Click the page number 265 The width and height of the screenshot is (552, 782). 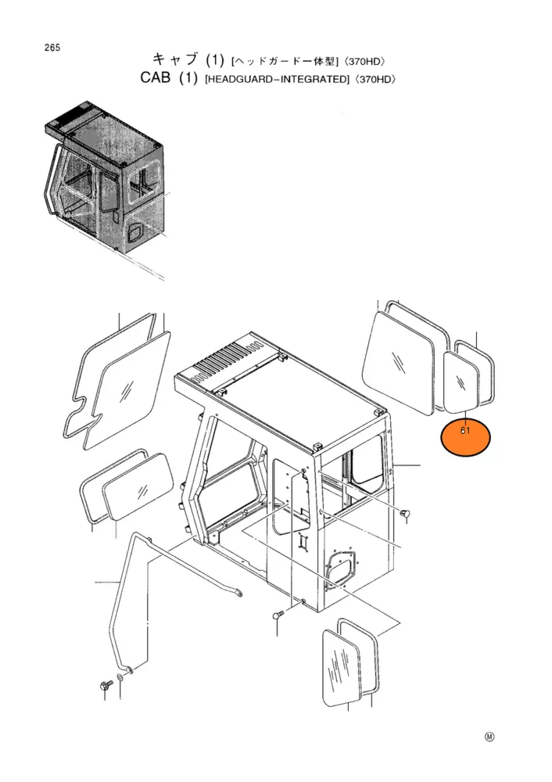click(52, 48)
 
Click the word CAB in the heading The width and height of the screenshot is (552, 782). click(156, 78)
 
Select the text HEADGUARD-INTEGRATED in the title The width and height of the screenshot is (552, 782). click(277, 79)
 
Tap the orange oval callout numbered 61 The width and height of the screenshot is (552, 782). click(466, 437)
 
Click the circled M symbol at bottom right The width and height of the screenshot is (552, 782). click(489, 737)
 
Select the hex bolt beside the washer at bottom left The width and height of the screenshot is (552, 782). click(106, 685)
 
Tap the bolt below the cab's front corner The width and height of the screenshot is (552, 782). click(278, 615)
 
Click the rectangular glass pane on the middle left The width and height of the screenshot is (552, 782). click(138, 486)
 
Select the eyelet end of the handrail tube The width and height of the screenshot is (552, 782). click(240, 594)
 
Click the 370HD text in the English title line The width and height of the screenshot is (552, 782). click(375, 79)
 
